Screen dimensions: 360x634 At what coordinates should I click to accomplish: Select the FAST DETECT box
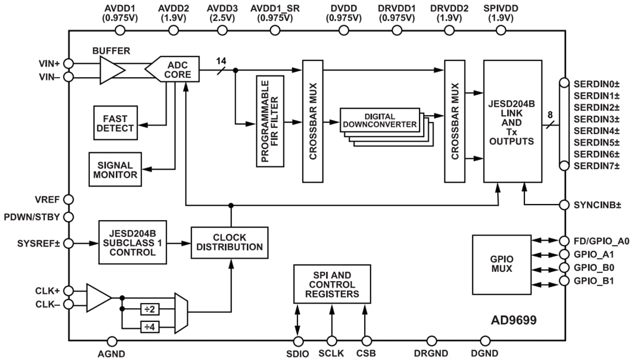[x=115, y=123]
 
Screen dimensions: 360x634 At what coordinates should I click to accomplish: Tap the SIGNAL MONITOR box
[x=114, y=169]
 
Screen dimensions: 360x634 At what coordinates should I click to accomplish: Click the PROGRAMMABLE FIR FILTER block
[x=270, y=121]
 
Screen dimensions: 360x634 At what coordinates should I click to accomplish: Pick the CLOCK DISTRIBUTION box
[x=229, y=242]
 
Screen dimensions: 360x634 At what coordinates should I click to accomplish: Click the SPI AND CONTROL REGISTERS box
[x=333, y=285]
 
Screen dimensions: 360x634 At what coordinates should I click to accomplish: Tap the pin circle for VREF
[x=69, y=199]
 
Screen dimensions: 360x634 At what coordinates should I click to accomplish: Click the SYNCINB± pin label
[x=598, y=205]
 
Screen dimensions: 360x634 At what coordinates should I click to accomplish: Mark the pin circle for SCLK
[x=331, y=342]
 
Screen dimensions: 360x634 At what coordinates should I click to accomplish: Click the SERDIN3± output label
[x=596, y=119]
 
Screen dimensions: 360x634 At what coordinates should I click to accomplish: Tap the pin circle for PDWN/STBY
[x=69, y=217]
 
